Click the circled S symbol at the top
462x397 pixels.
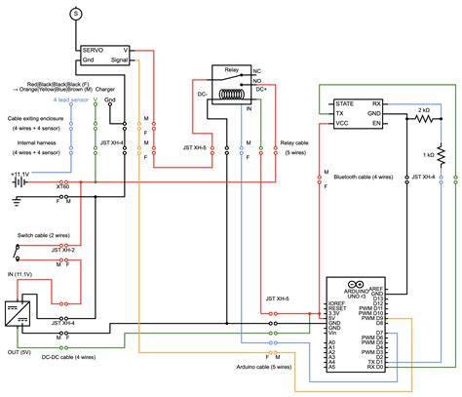[x=76, y=13]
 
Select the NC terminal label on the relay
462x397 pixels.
[x=256, y=72]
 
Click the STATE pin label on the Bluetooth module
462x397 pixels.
[x=344, y=102]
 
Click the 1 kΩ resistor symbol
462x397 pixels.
[x=440, y=154]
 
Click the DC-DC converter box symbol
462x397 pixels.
[x=16, y=315]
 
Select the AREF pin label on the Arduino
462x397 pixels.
[x=376, y=290]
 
